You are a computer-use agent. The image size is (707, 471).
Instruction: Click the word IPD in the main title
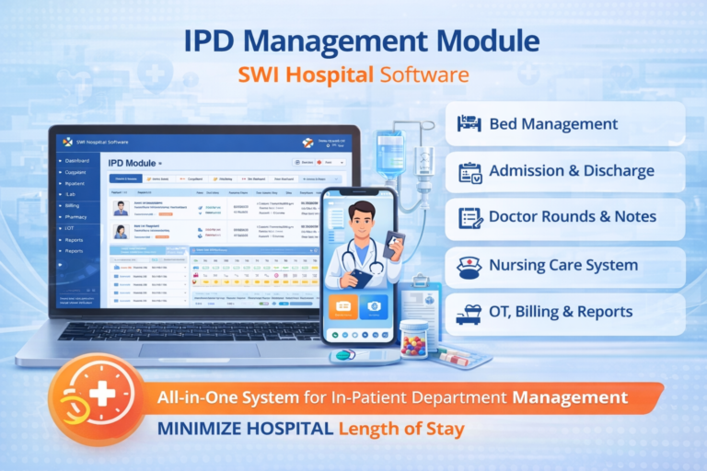tap(214, 41)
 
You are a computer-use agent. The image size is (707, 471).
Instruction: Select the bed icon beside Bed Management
tap(469, 123)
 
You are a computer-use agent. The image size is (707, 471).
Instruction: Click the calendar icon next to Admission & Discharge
tap(469, 171)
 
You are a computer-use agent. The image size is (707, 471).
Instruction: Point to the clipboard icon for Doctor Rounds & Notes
tap(469, 218)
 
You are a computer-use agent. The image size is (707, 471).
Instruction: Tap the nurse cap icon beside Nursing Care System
tap(469, 267)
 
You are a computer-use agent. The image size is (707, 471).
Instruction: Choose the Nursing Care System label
tap(563, 266)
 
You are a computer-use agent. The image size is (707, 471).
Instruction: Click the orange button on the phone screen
tap(344, 308)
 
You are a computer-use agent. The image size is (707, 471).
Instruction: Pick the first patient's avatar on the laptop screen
tap(120, 207)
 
